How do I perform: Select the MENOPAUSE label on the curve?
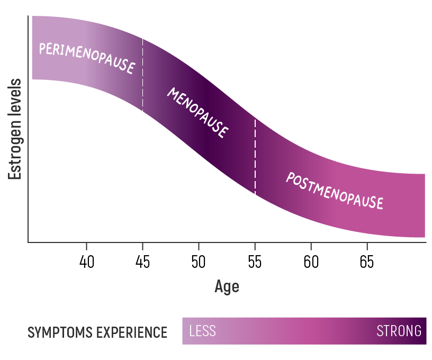click(198, 113)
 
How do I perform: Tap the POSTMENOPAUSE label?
click(334, 191)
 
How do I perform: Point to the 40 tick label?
click(86, 262)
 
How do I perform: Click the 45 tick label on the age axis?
click(142, 262)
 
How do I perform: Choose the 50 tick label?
click(199, 262)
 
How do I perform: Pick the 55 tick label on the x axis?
click(255, 262)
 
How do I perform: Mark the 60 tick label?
click(311, 262)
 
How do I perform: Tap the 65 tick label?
click(366, 262)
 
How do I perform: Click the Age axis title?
click(227, 286)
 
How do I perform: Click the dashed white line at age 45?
click(142, 74)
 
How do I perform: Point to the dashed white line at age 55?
click(255, 156)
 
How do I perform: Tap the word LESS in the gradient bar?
click(203, 331)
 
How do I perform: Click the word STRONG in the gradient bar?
click(399, 331)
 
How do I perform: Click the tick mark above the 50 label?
click(199, 246)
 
